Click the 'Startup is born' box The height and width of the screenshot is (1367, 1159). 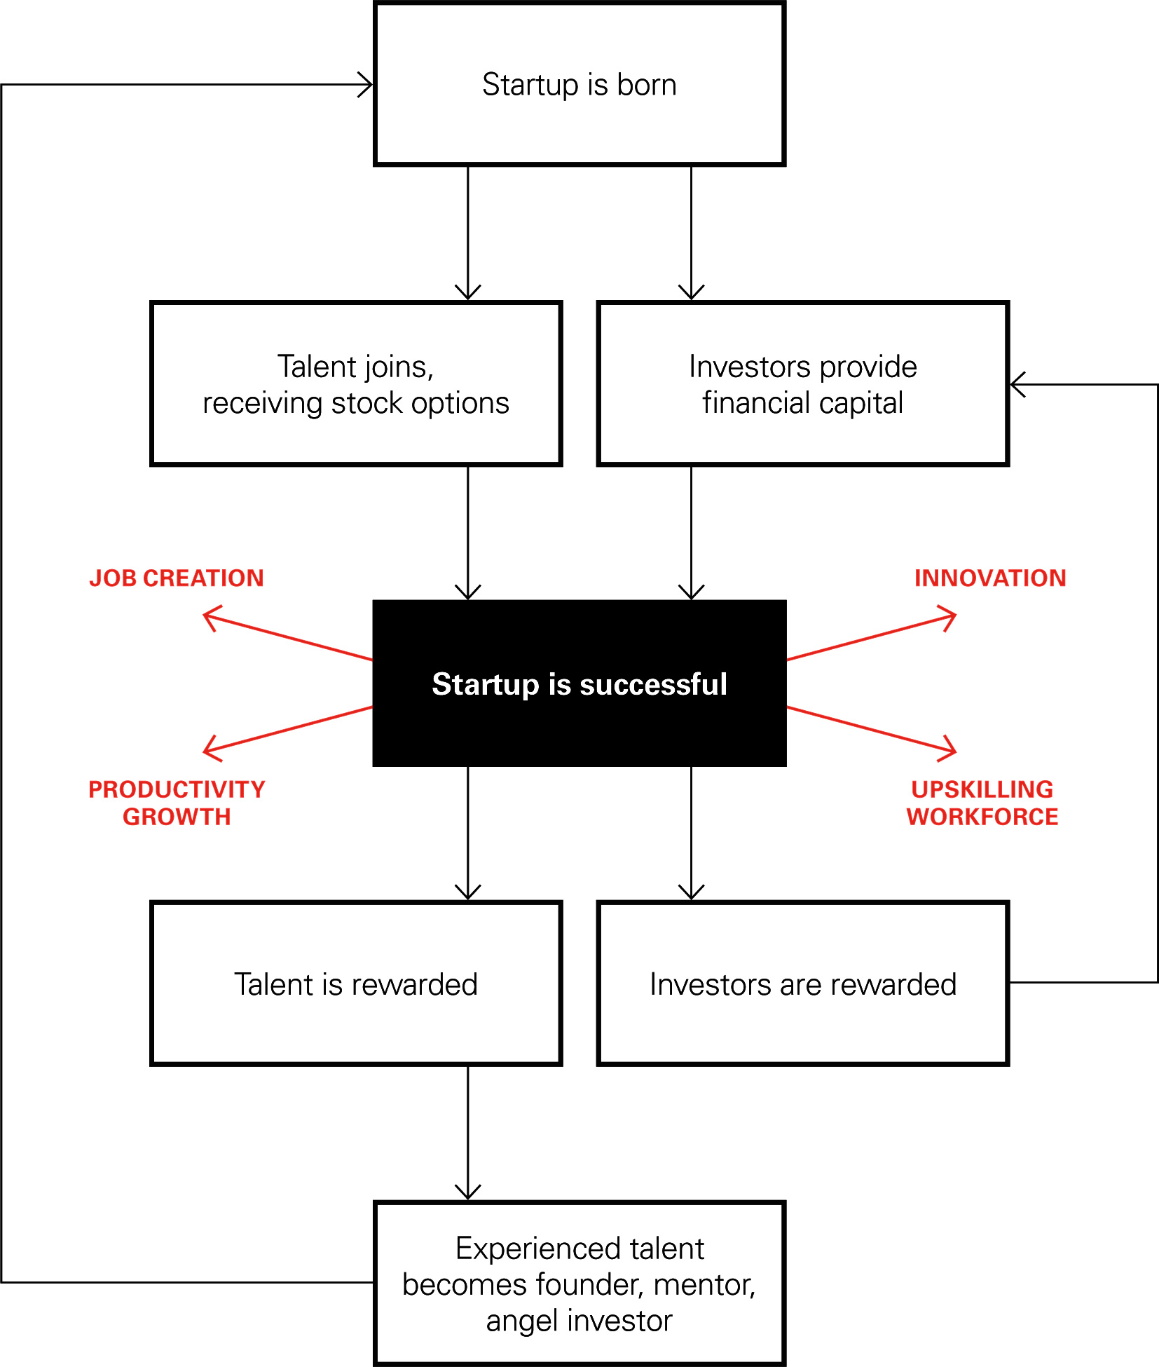579,84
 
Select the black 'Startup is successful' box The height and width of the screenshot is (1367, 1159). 579,683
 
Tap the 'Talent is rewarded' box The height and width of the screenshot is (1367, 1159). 356,984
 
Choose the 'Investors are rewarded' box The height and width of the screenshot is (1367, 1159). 802,984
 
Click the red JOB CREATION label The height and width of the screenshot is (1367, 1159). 177,578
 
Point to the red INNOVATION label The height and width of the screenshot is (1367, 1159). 989,578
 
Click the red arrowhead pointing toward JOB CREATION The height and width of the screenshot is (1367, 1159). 209,616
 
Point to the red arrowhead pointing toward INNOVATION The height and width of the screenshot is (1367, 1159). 950,616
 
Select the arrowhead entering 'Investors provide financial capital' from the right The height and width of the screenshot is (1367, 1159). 1017,384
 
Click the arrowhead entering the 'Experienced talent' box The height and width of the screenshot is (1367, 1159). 467,1193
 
